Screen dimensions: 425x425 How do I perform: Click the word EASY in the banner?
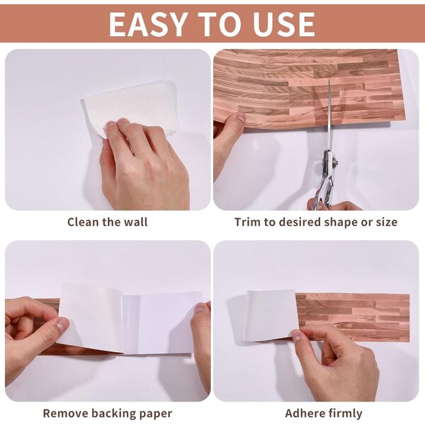pos(148,24)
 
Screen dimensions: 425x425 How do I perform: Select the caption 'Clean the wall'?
pos(108,222)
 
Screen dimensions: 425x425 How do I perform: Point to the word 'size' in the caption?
pos(386,222)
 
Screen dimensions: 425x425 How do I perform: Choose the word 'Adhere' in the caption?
pos(302,414)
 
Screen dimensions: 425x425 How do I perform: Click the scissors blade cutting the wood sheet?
pos(329,114)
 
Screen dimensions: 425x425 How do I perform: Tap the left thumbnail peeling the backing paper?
pos(63,324)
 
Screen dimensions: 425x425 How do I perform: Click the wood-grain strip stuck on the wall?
pos(352,317)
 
